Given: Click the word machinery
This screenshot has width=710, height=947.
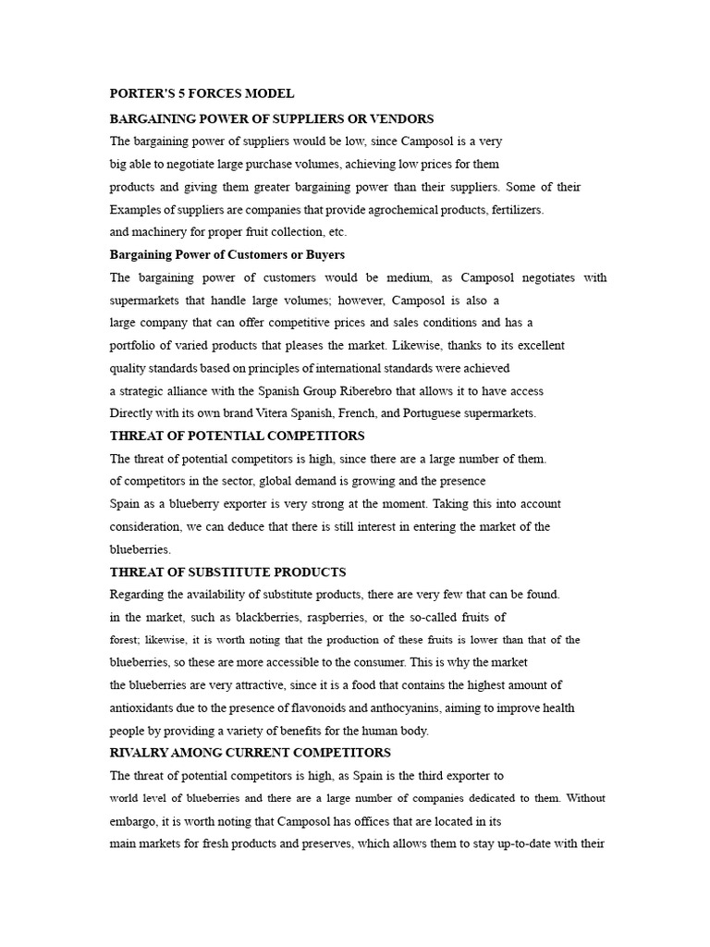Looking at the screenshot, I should point(163,232).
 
